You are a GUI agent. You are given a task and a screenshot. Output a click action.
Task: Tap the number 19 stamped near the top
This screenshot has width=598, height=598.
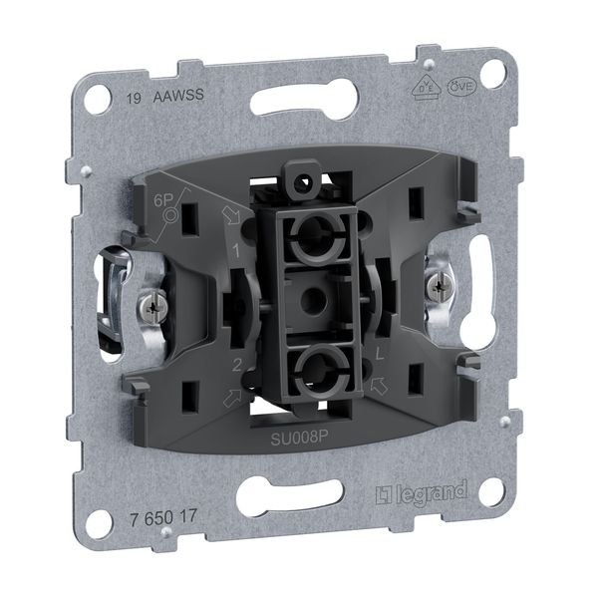(133, 99)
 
